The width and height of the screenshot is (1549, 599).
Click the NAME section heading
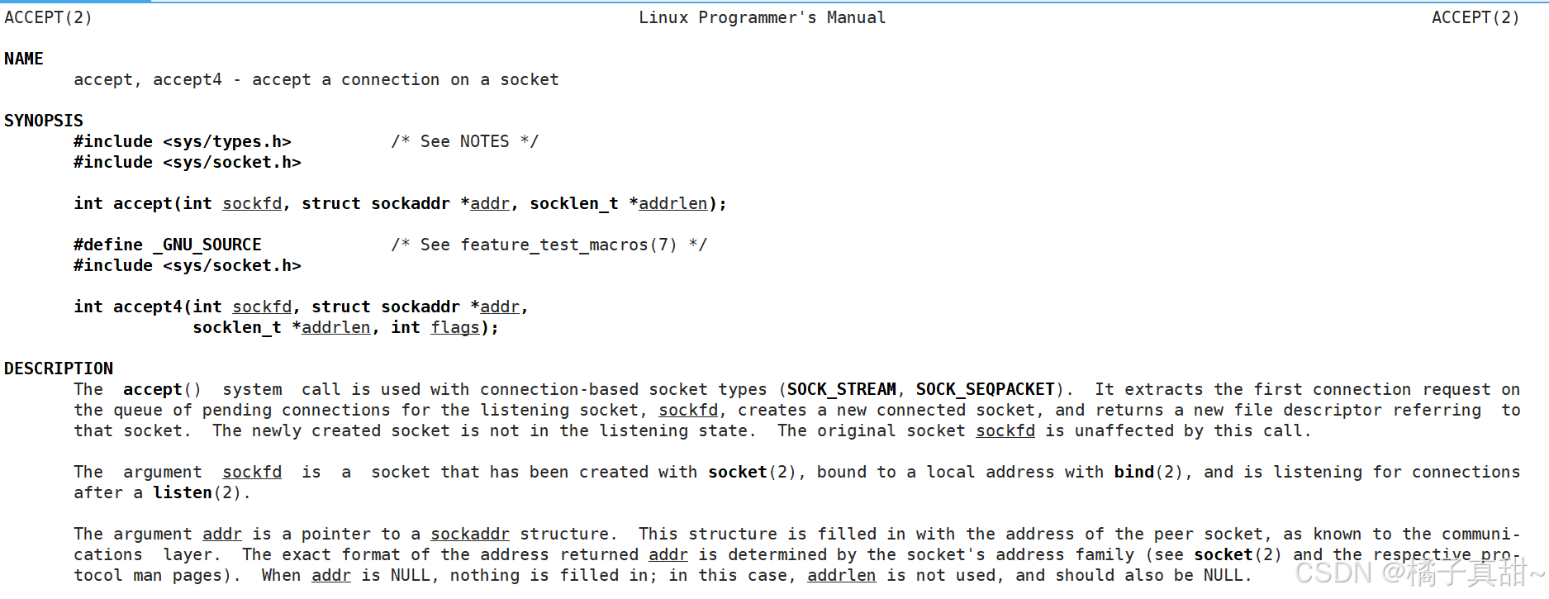24,59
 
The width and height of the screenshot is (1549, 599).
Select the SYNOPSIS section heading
44,121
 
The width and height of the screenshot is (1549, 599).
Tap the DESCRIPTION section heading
59,368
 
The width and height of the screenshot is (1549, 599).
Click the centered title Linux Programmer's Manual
762,17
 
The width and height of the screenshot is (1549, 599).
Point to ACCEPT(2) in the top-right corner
1475,17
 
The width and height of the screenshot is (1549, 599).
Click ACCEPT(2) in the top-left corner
48,17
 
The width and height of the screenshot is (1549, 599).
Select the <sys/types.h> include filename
227,141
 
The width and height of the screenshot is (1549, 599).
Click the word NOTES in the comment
484,141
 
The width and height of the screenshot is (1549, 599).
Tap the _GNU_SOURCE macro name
207,245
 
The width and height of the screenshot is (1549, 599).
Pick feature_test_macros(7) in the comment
568,245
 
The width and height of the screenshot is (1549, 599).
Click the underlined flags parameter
454,327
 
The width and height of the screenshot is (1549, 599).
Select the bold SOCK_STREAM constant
841,389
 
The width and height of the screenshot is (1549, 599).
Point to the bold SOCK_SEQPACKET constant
985,389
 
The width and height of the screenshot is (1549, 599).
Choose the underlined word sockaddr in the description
470,534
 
